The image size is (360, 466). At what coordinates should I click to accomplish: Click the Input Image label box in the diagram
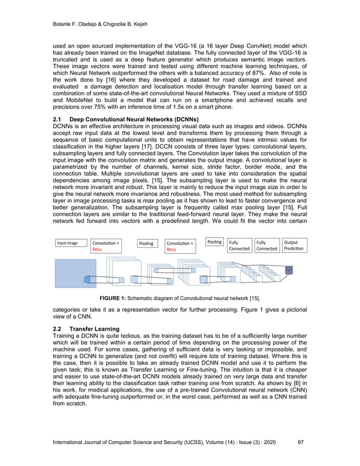(x=70, y=243)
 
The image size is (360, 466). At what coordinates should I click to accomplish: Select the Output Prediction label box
(x=293, y=245)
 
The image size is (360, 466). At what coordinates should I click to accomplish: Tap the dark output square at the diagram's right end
(x=288, y=271)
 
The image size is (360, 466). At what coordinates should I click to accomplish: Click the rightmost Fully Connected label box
(x=266, y=245)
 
